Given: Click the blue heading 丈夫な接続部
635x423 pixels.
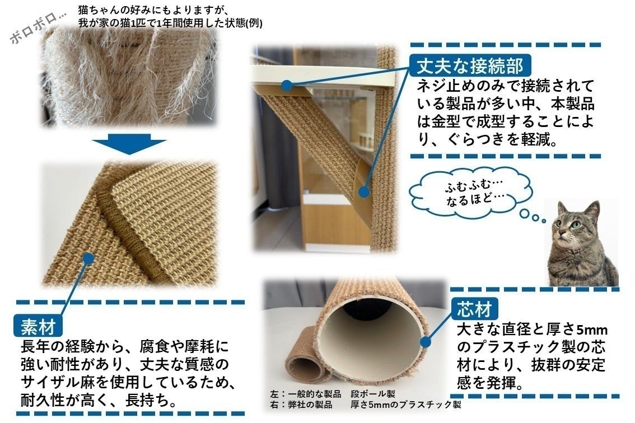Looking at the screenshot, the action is pyautogui.click(x=470, y=65).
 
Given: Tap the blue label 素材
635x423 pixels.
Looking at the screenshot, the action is pyautogui.click(x=38, y=326).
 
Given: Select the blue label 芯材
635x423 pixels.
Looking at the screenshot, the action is pyautogui.click(x=474, y=309).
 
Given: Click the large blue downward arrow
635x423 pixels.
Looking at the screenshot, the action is pyautogui.click(x=129, y=144).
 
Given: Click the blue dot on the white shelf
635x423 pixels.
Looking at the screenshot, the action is pyautogui.click(x=287, y=86).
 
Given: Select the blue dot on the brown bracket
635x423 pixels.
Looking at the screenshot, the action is pyautogui.click(x=363, y=192).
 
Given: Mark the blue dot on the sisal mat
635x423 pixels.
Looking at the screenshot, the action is pyautogui.click(x=88, y=258).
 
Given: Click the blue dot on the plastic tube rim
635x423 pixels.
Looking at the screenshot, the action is pyautogui.click(x=425, y=342).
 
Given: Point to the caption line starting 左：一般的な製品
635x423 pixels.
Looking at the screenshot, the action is pyautogui.click(x=333, y=394).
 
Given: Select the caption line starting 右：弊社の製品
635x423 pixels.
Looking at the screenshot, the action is pyautogui.click(x=365, y=405).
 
